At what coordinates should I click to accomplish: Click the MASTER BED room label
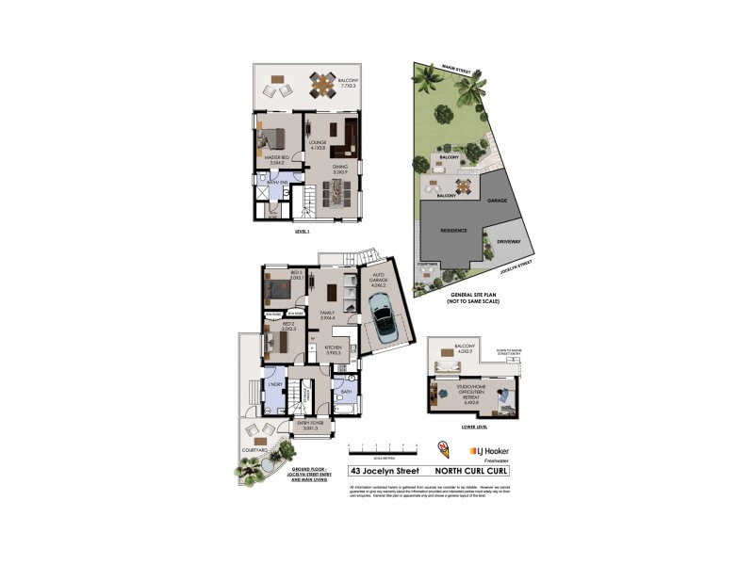click(x=275, y=160)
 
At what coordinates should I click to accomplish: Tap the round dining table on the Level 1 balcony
click(x=323, y=86)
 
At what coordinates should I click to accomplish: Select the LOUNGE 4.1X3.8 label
click(x=318, y=146)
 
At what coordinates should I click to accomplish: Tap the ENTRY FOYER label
click(x=310, y=427)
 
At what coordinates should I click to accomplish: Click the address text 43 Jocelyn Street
click(x=381, y=471)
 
